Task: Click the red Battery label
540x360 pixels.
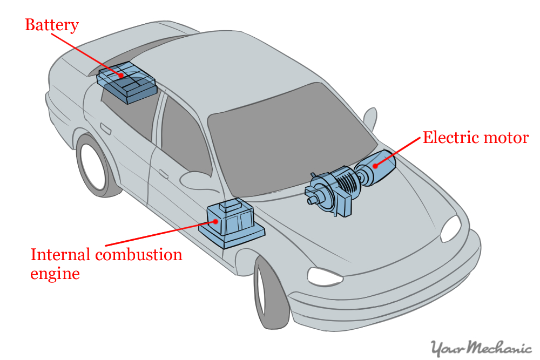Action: tap(52, 25)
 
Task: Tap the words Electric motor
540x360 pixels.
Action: tap(475, 138)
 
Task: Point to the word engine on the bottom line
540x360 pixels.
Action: tap(55, 273)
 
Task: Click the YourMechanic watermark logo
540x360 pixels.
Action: tap(481, 348)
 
